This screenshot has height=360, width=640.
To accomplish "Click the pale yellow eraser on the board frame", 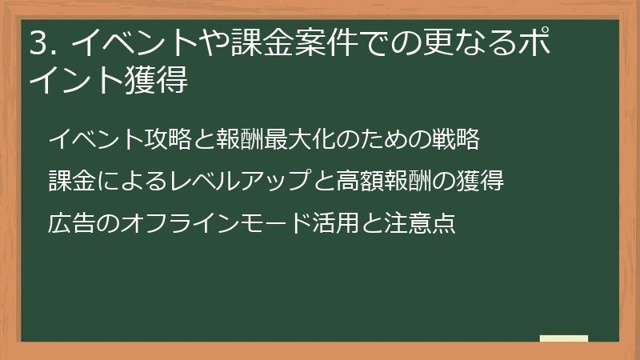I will pyautogui.click(x=563, y=338).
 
